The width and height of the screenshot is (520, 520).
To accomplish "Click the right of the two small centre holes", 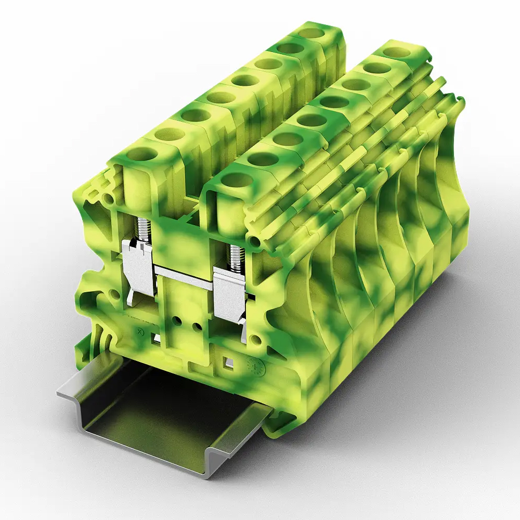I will pos(197,327).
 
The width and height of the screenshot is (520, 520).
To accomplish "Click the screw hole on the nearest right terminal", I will pos(237,180).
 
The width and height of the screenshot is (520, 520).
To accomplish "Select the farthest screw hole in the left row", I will pos(311,33).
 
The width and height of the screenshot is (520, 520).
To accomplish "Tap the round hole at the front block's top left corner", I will pos(108,199).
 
